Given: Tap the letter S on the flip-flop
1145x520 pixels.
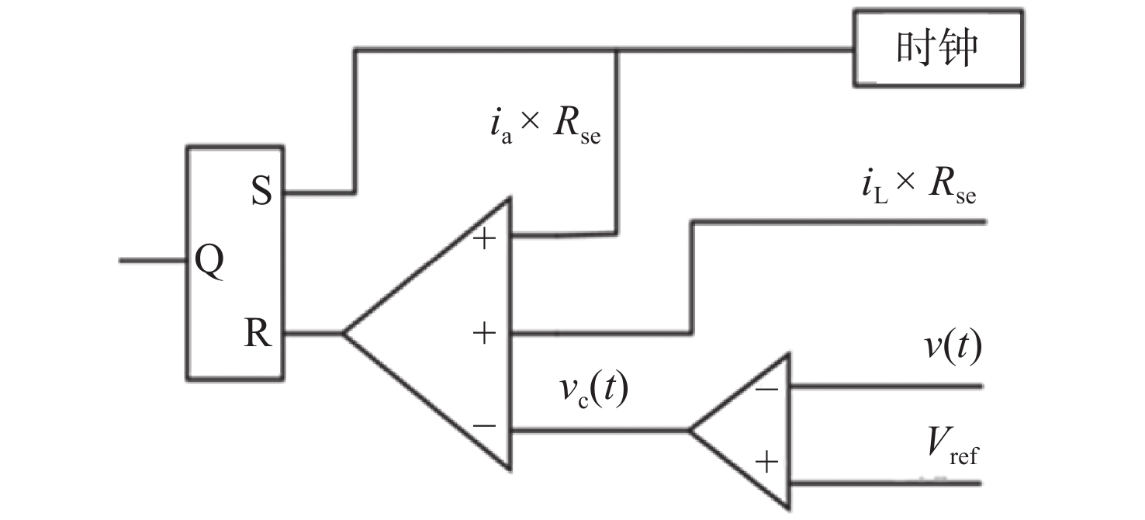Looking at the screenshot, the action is coord(261,191).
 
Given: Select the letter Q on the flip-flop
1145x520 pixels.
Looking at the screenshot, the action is coord(209,261).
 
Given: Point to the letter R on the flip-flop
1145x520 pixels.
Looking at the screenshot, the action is coord(258,333).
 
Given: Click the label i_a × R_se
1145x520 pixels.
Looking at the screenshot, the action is coord(545,127).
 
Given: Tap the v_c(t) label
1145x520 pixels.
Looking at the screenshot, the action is coord(593,390).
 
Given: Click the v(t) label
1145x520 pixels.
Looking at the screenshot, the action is coord(953,346).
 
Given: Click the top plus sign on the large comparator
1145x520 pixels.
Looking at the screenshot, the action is coord(484,239).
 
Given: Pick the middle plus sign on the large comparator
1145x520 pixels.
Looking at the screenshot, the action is coord(484,334).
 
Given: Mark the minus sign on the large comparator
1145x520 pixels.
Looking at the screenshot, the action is coord(484,425).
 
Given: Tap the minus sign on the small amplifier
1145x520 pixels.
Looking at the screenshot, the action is coord(766,390).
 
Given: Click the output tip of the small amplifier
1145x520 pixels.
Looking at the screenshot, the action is coord(690,431).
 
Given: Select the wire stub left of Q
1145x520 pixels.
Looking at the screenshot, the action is coord(153,261).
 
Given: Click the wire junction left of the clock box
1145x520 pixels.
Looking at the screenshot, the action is coord(617,50).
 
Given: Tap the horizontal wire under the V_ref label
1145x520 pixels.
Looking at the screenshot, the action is coord(886,484).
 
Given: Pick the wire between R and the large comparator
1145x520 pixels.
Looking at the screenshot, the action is coord(313,334).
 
